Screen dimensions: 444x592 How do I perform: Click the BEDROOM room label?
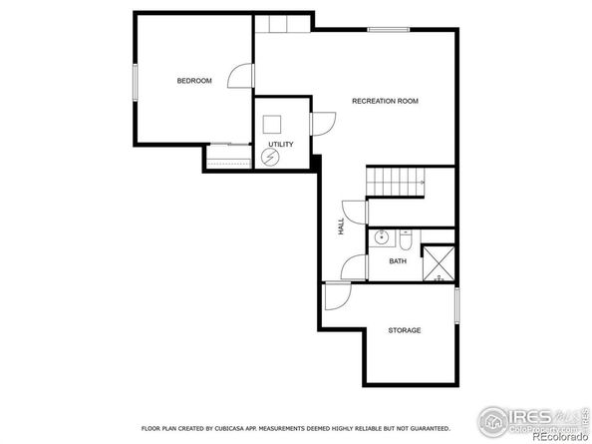click(x=194, y=81)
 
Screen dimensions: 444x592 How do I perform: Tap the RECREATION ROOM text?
click(x=384, y=101)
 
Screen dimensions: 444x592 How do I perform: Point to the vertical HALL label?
click(x=341, y=227)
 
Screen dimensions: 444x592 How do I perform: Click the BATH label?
click(x=398, y=261)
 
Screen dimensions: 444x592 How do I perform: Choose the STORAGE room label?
click(x=404, y=330)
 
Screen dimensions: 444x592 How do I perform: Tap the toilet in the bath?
click(x=407, y=238)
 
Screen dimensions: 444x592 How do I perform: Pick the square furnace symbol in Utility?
click(x=272, y=125)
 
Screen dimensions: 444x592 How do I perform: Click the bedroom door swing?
click(x=239, y=77)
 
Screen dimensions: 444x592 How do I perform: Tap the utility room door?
click(x=324, y=123)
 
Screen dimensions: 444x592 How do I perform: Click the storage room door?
click(x=337, y=296)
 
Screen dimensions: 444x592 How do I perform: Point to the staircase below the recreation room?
click(x=396, y=182)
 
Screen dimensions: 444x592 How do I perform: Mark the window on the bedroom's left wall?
click(x=135, y=81)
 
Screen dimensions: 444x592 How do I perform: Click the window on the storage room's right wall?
click(x=456, y=305)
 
